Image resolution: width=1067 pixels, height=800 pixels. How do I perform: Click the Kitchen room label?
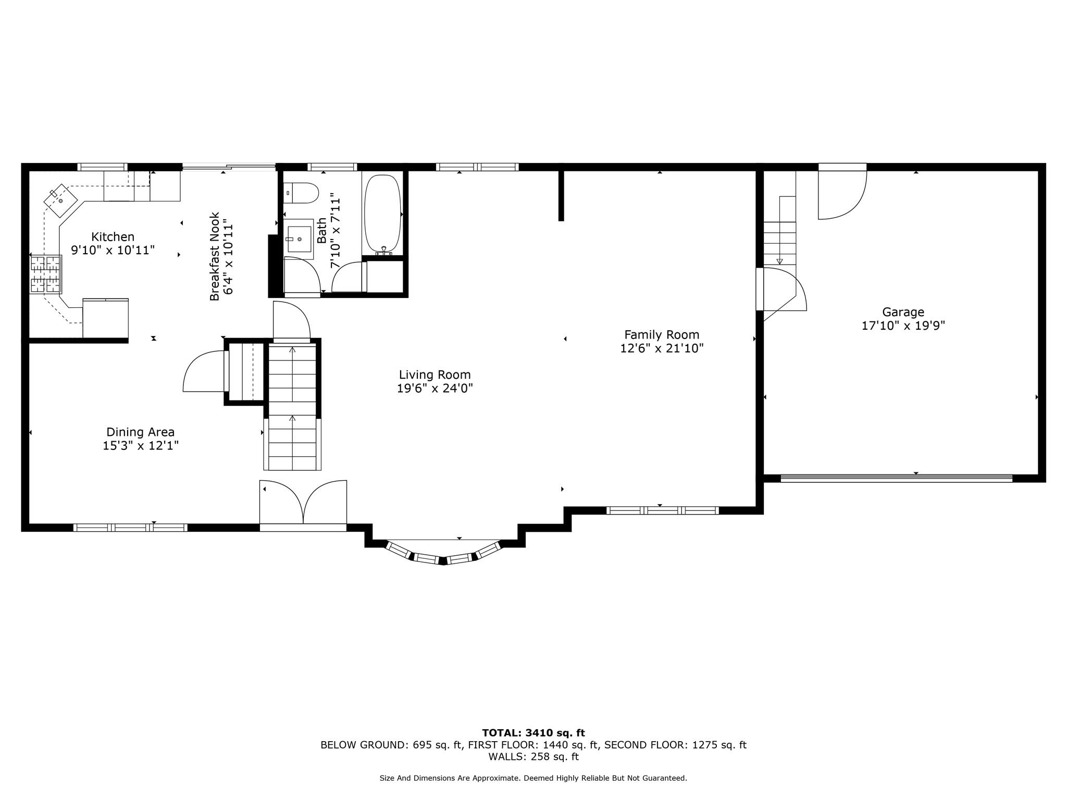tap(113, 237)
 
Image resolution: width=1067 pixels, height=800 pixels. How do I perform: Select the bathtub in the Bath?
tap(382, 214)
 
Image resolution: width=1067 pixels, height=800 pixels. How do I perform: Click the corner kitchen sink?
tap(60, 200)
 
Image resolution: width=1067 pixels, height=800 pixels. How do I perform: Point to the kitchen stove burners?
tap(45, 274)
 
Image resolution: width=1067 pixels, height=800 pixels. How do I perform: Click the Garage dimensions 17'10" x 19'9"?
tap(903, 326)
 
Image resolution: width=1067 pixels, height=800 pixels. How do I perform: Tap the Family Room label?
tap(661, 335)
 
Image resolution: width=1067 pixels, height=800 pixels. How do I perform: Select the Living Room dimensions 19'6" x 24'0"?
tap(435, 389)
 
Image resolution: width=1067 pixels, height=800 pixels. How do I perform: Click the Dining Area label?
tap(140, 432)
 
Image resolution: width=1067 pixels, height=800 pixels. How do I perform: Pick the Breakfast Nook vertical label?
tap(215, 256)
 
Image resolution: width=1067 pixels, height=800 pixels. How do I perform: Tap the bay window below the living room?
tap(443, 556)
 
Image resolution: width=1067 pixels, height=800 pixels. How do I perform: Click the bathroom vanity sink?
tap(299, 239)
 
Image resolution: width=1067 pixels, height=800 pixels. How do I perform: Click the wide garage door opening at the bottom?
tap(896, 478)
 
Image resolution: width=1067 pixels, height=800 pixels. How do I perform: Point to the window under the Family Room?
tap(662, 510)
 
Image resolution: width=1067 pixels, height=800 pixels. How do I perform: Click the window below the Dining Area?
tap(130, 527)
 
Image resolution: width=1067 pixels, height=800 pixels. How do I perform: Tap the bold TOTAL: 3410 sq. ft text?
tap(533, 733)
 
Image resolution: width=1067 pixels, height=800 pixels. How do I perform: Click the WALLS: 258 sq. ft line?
tap(533, 757)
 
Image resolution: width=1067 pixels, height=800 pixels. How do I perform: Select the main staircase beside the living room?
tap(292, 406)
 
